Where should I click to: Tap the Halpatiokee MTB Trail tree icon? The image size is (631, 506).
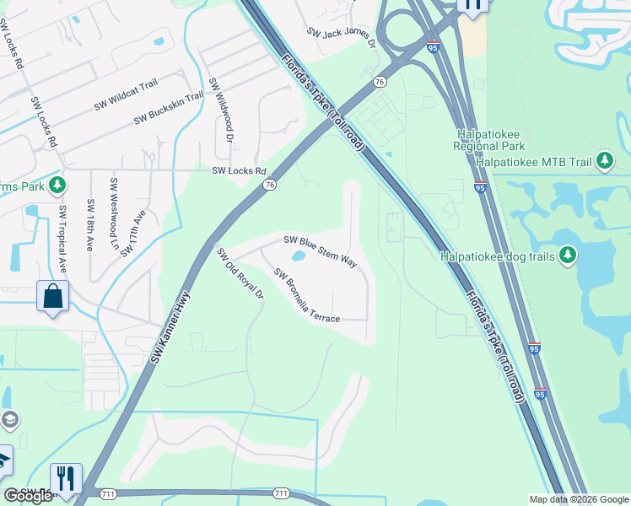point(603,160)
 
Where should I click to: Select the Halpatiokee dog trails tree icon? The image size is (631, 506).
point(569,254)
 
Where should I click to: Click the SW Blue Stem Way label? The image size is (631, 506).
point(320,250)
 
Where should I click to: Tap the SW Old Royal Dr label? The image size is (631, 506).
point(240,273)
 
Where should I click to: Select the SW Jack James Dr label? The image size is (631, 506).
point(341,39)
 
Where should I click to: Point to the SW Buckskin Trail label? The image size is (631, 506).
point(169,109)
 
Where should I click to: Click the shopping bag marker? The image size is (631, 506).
point(52,297)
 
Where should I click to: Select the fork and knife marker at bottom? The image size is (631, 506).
point(65,478)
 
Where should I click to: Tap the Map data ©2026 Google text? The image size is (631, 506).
point(579,499)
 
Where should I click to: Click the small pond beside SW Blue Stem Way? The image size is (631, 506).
point(297,256)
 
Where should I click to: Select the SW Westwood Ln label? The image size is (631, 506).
point(112,207)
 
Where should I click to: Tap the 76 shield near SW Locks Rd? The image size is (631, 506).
point(269,185)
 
